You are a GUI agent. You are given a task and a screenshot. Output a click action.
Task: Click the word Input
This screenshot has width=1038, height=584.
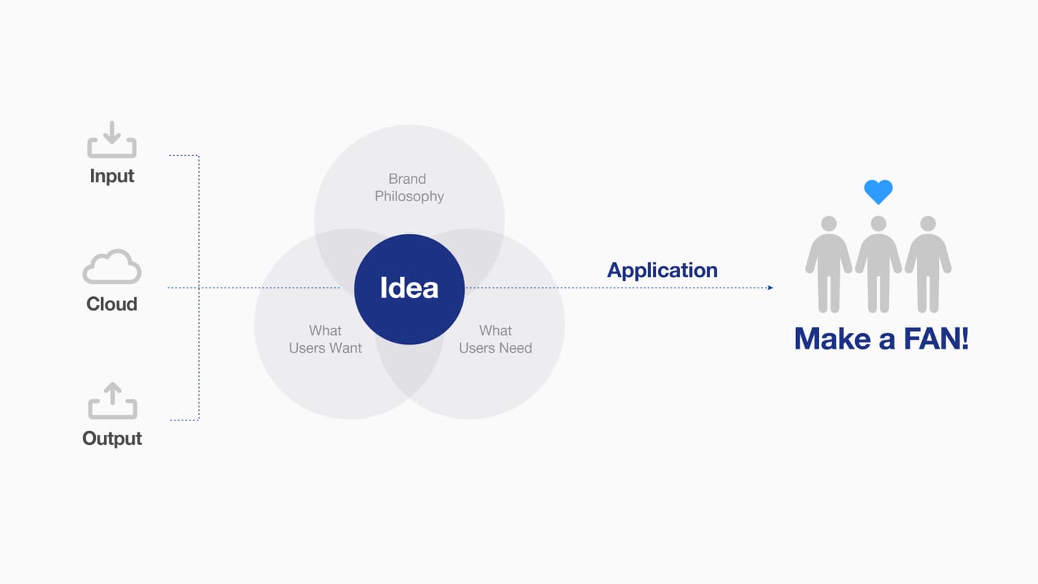(x=112, y=177)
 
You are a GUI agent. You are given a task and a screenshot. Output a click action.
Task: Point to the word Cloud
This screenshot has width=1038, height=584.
(x=112, y=304)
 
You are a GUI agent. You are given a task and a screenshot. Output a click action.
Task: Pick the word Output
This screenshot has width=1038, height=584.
(x=112, y=439)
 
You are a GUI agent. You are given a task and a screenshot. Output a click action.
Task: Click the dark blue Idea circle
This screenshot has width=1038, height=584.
(x=409, y=288)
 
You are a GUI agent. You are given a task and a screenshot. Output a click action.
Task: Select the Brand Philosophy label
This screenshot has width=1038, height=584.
(x=409, y=187)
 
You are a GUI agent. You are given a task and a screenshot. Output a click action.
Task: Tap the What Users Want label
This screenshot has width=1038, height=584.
(x=325, y=340)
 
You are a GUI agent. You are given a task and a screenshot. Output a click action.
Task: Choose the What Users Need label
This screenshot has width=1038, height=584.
(x=495, y=340)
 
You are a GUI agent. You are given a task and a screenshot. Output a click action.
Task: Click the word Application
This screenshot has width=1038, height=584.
(x=662, y=270)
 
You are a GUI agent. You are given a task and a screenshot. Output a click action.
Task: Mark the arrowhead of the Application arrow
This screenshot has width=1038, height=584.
(x=771, y=288)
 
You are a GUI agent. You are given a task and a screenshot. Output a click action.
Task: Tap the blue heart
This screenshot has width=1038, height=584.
(x=878, y=192)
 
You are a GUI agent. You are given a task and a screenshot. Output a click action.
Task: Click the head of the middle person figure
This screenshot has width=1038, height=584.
(x=878, y=224)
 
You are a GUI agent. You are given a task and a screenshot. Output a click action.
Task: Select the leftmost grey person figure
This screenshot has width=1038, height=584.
(x=828, y=264)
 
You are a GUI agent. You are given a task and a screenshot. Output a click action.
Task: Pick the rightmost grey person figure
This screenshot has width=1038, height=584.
(x=928, y=264)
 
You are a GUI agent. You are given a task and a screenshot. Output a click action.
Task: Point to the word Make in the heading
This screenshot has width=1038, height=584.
(x=833, y=339)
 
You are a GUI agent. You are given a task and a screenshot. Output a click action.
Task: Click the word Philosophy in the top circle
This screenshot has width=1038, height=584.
(x=409, y=197)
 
